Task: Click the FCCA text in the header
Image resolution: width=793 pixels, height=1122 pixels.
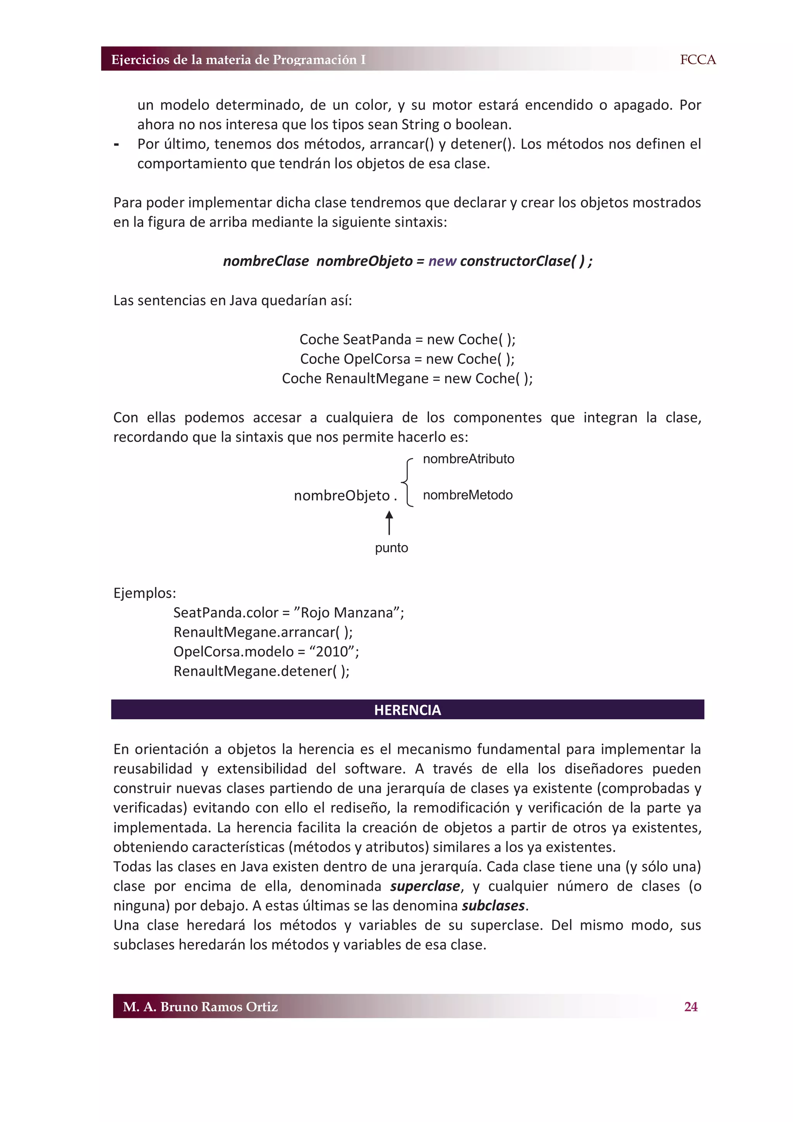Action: tap(697, 60)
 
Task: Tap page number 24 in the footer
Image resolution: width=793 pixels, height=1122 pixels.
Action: tap(690, 1007)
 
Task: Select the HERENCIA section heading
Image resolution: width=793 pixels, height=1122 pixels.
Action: tap(407, 710)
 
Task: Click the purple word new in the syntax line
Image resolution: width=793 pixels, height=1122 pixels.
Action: tap(442, 261)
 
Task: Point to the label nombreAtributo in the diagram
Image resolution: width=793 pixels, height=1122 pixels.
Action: tap(468, 459)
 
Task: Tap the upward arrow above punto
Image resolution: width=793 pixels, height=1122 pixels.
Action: tap(389, 522)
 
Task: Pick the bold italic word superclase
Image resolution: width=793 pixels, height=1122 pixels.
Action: tap(425, 886)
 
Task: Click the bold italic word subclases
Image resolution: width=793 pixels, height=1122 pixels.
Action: tap(493, 906)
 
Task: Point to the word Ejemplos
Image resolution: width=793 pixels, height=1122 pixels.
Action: tap(144, 593)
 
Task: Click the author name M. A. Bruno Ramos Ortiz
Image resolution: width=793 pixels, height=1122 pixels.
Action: tap(200, 1007)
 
